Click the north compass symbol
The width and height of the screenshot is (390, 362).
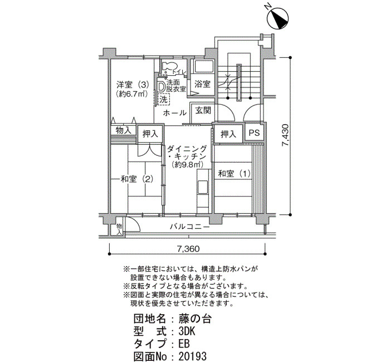277,19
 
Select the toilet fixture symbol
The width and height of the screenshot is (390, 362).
169,67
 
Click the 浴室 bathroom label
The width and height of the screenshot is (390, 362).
202,84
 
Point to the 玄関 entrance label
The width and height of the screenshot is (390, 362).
203,110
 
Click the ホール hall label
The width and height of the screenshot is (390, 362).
175,113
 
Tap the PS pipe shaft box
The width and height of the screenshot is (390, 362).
254,133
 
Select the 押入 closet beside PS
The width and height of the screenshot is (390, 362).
228,134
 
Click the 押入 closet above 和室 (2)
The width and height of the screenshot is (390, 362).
150,134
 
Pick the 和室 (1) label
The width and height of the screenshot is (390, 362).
234,173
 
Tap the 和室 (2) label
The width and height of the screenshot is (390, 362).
136,179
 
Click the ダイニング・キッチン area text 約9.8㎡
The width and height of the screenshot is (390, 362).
187,164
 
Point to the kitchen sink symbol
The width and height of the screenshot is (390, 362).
203,187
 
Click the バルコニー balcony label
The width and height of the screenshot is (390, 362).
190,227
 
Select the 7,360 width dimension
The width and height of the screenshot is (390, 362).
188,248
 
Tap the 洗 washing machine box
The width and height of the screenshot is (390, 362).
163,100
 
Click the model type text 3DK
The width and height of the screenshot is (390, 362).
187,331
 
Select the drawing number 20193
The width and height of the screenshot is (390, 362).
193,356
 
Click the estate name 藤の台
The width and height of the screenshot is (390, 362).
195,319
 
